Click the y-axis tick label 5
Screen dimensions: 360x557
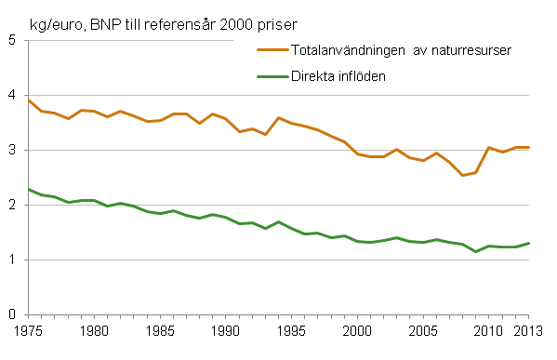(12, 41)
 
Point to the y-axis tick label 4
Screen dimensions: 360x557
(12, 95)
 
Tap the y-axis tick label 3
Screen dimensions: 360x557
(12, 150)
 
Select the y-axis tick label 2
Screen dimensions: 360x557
(12, 205)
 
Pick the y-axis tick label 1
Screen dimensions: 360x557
(12, 260)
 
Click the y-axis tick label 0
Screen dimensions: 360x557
(12, 314)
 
